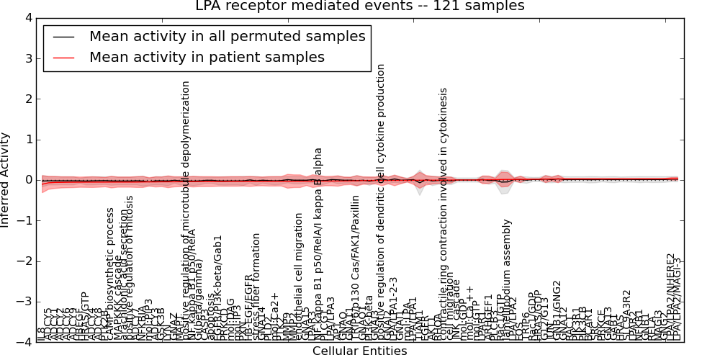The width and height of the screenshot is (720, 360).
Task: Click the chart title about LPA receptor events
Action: (360, 6)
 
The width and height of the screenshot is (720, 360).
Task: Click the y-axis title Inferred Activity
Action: (6, 180)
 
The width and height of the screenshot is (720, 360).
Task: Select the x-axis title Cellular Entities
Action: (359, 351)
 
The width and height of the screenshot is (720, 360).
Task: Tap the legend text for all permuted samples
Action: (227, 36)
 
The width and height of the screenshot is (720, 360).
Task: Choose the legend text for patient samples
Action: (207, 57)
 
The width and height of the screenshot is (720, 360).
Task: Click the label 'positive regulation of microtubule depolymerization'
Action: (186, 209)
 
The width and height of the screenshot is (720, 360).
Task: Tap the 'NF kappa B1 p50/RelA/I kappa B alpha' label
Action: (318, 245)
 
